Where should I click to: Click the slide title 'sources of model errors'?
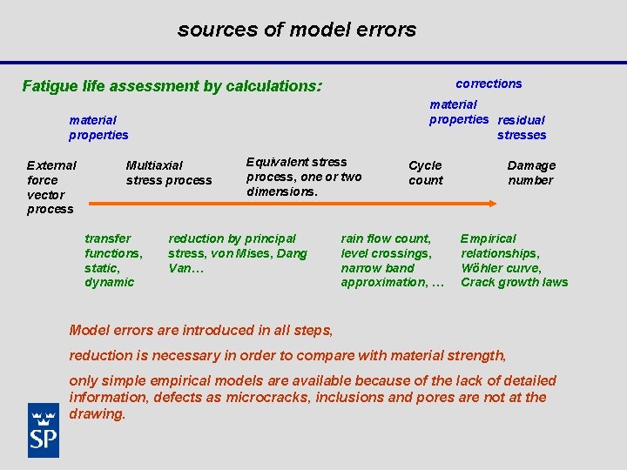click(297, 30)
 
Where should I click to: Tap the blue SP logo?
click(44, 430)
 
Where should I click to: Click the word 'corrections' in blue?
click(489, 84)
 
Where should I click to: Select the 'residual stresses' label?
click(522, 128)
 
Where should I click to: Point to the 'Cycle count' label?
click(425, 172)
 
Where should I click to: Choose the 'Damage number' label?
click(531, 172)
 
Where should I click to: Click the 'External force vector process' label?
click(51, 187)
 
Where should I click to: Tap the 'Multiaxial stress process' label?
click(168, 172)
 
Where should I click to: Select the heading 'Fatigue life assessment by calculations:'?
click(172, 86)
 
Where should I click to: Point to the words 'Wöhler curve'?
click(501, 268)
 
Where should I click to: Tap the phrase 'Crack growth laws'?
click(514, 282)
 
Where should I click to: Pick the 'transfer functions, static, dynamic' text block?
click(113, 260)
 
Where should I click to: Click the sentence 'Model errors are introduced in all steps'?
click(200, 330)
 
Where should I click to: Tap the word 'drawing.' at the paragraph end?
click(98, 414)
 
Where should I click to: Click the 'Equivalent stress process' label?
click(296, 162)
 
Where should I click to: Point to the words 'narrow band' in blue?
click(377, 268)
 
